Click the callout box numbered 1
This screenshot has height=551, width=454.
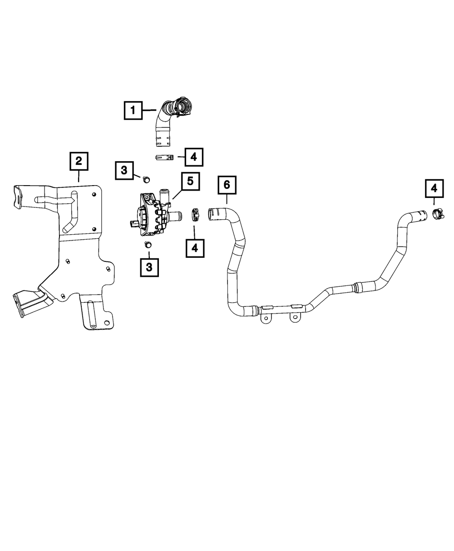(133, 110)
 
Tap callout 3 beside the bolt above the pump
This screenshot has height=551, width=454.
(123, 171)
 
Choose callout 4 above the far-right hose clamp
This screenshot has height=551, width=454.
(434, 188)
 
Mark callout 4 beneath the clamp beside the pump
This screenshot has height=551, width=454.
(194, 247)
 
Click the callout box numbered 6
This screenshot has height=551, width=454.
(227, 185)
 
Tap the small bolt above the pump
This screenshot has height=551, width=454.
(146, 180)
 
